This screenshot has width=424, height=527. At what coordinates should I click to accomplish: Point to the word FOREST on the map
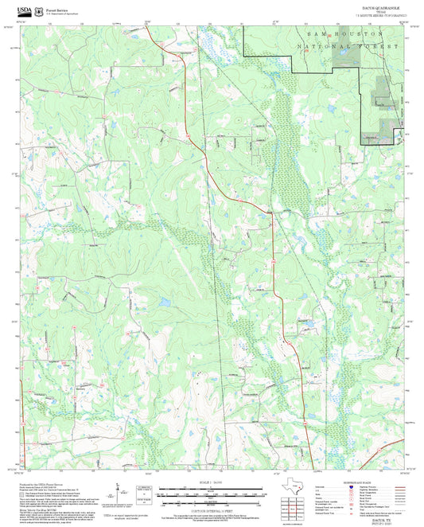pyautogui.click(x=378, y=47)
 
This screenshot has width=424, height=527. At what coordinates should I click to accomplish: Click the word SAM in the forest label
pyautogui.click(x=317, y=36)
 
